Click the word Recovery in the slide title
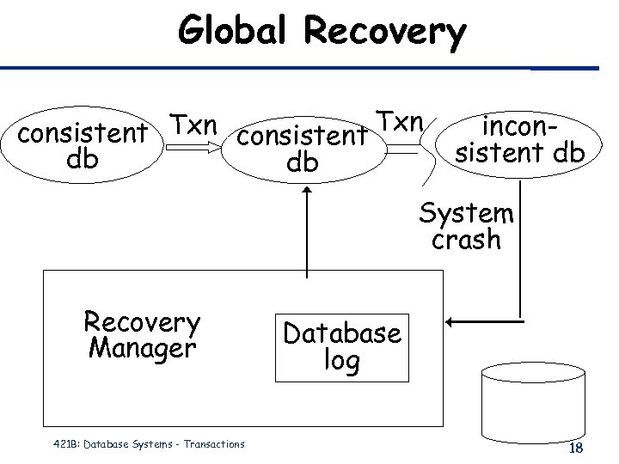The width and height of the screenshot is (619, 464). pyautogui.click(x=386, y=33)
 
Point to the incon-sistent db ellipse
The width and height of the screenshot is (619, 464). pyautogui.click(x=520, y=142)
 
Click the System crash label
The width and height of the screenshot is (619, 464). pyautogui.click(x=466, y=226)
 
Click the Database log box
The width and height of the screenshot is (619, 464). pyautogui.click(x=342, y=346)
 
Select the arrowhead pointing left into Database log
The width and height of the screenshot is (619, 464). pyautogui.click(x=453, y=323)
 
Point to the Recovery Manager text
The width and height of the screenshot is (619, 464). pyautogui.click(x=142, y=335)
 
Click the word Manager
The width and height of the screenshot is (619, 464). pyautogui.click(x=142, y=349)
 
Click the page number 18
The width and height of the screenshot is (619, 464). pyautogui.click(x=576, y=449)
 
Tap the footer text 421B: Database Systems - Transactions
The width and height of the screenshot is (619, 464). pyautogui.click(x=144, y=444)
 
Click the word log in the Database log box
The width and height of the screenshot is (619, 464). pyautogui.click(x=342, y=361)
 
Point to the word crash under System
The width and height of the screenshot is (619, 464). pyautogui.click(x=466, y=240)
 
